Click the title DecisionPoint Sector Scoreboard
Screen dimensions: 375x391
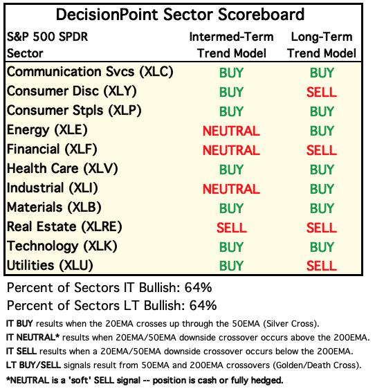pos(180,15)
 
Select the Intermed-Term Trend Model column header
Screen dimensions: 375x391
pos(231,45)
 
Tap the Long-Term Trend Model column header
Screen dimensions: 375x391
pos(322,45)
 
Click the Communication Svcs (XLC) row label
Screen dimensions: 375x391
pos(90,72)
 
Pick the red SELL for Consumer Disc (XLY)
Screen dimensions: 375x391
pos(322,92)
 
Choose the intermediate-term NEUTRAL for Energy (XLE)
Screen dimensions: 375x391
pos(231,131)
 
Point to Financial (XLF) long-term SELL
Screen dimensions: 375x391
pos(322,150)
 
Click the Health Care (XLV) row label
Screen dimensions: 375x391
pos(62,169)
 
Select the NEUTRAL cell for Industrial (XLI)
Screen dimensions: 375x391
pos(231,189)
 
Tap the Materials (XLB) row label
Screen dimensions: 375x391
pos(54,208)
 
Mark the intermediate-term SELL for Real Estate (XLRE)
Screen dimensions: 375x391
pos(232,228)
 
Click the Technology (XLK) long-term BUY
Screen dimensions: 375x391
pos(322,247)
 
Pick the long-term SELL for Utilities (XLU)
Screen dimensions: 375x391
pos(322,266)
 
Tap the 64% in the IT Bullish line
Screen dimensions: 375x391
pos(198,287)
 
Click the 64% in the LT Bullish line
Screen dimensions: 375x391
pos(203,305)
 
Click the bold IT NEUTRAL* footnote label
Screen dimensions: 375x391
pos(33,338)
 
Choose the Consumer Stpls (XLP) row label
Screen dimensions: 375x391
pos(74,111)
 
